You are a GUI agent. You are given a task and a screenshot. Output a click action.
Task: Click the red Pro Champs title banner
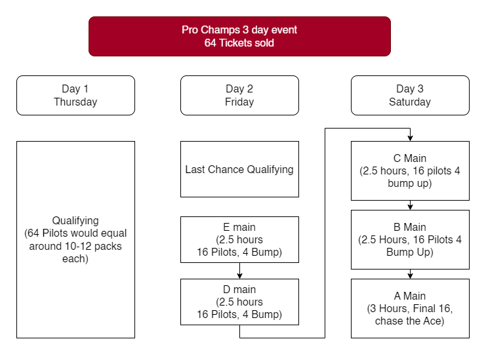pos(239,36)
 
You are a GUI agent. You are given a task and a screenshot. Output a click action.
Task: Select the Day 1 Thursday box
pos(75,96)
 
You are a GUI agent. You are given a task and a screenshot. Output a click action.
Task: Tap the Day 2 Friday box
pos(239,96)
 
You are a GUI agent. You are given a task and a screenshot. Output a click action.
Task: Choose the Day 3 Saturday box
pos(410,96)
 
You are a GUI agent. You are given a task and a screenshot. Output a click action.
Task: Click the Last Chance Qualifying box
pos(239,169)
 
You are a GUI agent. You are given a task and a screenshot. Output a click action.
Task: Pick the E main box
pos(239,239)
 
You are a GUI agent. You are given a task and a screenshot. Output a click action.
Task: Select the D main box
pos(239,302)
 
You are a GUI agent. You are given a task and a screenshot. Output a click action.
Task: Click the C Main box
pos(410,170)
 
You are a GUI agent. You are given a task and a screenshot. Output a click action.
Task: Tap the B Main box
pos(410,239)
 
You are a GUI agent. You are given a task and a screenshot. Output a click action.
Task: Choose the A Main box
pos(410,308)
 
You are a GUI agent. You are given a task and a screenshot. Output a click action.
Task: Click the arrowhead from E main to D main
pos(239,275)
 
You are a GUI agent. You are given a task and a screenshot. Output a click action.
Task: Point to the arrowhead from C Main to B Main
pos(410,207)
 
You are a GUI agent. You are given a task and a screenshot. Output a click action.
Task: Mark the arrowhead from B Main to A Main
pos(410,275)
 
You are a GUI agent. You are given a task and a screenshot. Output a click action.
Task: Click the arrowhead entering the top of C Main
pos(410,138)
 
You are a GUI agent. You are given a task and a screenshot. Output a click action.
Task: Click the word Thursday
pos(75,102)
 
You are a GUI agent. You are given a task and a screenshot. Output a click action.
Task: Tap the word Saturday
pos(410,102)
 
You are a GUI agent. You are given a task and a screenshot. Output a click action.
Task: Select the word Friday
pos(239,102)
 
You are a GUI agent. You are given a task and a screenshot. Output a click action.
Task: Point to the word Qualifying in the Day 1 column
pos(75,220)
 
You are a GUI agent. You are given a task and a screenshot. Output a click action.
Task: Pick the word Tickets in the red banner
pos(232,43)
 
